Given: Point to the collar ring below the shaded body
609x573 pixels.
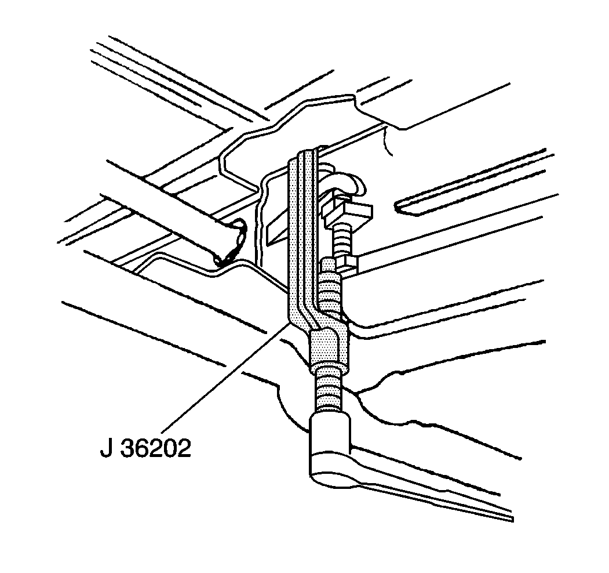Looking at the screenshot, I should [329, 369].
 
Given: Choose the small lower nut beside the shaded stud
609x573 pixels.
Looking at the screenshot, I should [348, 264].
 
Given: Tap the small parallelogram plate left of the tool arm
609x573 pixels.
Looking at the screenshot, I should [277, 227].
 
